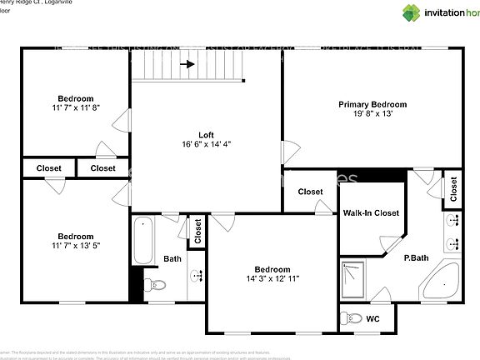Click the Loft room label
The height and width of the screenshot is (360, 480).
click(x=206, y=134)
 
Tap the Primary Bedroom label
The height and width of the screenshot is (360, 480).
click(x=372, y=104)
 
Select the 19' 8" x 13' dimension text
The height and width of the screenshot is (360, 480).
click(x=372, y=114)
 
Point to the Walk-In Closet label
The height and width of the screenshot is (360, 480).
click(x=371, y=213)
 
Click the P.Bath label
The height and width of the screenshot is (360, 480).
click(x=417, y=258)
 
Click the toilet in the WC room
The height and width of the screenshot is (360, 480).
click(x=353, y=318)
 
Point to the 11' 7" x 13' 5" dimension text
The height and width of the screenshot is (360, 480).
click(x=75, y=246)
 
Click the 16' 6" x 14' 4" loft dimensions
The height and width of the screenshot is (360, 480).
click(x=206, y=144)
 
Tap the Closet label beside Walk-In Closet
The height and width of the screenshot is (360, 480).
click(x=310, y=192)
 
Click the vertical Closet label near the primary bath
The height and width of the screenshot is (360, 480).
click(x=453, y=190)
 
